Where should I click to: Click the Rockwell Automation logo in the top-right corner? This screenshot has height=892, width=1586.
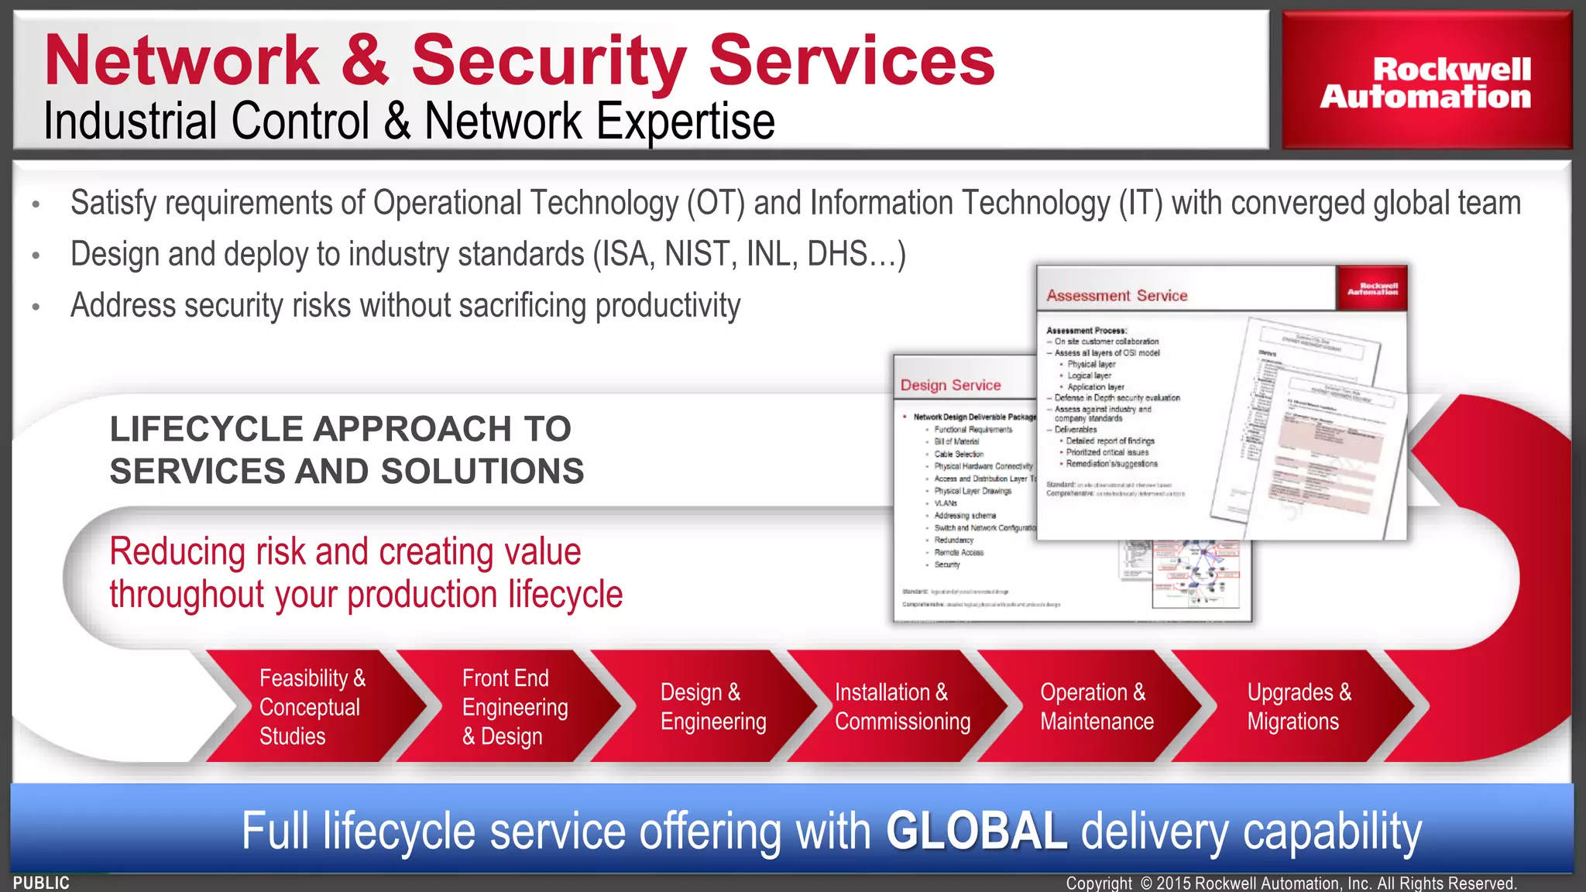pyautogui.click(x=1426, y=82)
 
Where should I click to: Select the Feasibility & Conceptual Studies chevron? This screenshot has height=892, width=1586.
pyautogui.click(x=312, y=707)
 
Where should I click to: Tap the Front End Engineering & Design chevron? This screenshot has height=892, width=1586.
pyautogui.click(x=514, y=707)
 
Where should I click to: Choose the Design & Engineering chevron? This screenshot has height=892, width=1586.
pyautogui.click(x=712, y=707)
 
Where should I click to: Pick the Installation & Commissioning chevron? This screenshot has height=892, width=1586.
pyautogui.click(x=902, y=707)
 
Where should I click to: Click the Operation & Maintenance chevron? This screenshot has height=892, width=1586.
pyautogui.click(x=1097, y=707)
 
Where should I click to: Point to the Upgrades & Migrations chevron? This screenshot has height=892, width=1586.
pyautogui.click(x=1299, y=707)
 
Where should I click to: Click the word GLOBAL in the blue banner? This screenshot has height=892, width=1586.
pyautogui.click(x=977, y=831)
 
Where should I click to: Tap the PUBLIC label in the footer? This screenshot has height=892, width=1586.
pyautogui.click(x=41, y=883)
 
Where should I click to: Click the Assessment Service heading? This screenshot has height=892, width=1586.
pyautogui.click(x=1117, y=296)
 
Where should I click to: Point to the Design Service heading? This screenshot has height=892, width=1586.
pyautogui.click(x=950, y=386)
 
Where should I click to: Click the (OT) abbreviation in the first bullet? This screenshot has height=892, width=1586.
pyautogui.click(x=716, y=204)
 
